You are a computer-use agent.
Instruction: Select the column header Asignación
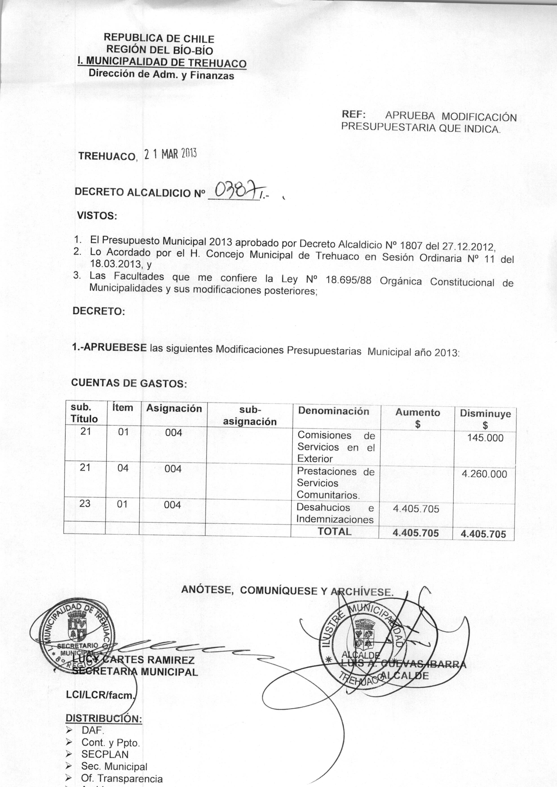pyautogui.click(x=174, y=408)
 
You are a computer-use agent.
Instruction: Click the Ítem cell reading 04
pyautogui.click(x=123, y=468)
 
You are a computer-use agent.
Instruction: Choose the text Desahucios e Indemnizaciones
pyautogui.click(x=335, y=513)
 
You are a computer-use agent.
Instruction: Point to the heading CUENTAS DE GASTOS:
pyautogui.click(x=129, y=383)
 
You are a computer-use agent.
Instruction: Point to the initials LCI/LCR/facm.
pyautogui.click(x=100, y=695)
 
